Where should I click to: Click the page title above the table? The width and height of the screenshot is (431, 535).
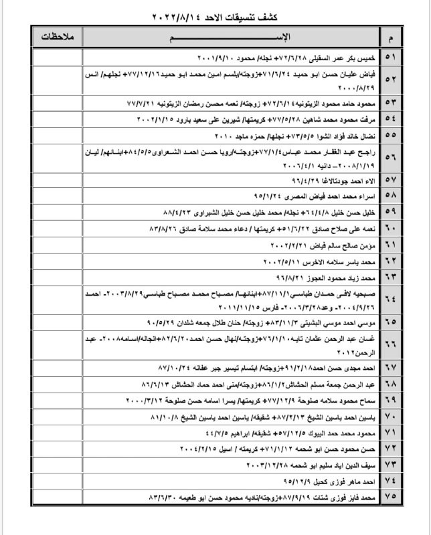pyautogui.click(x=215, y=15)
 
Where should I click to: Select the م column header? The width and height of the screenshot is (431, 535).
pyautogui.click(x=390, y=35)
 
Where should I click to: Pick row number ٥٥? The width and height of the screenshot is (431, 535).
pyautogui.click(x=390, y=135)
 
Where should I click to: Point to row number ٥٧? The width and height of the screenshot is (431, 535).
pyautogui.click(x=390, y=181)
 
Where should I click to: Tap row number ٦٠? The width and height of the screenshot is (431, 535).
pyautogui.click(x=390, y=228)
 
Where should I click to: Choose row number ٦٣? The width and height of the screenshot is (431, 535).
pyautogui.click(x=390, y=275)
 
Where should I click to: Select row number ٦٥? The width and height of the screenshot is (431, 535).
pyautogui.click(x=390, y=322)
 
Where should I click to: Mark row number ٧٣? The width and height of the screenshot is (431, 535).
pyautogui.click(x=390, y=463)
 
